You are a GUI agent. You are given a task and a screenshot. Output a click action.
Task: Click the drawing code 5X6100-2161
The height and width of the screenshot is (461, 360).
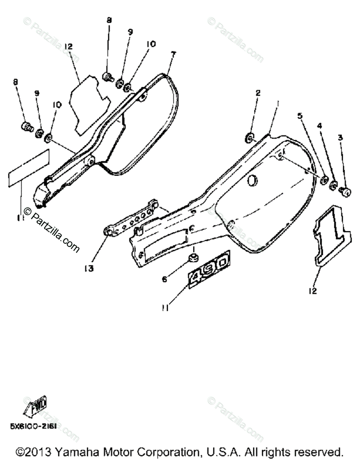[x=33, y=426]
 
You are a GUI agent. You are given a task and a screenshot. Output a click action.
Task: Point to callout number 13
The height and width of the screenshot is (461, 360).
[x=89, y=269]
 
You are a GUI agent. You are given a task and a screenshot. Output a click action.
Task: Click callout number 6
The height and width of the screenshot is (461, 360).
[x=165, y=280]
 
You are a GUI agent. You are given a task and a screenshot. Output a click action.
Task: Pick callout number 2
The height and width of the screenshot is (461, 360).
[x=258, y=93]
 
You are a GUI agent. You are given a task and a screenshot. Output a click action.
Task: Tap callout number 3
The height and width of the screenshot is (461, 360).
[x=340, y=137]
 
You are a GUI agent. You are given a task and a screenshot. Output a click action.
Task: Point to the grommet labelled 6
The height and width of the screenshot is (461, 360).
[x=193, y=257]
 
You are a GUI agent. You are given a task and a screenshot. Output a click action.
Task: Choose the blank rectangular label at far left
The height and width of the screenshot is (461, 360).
[x=29, y=168]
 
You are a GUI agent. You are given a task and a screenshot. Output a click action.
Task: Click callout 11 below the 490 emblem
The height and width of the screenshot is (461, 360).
[x=165, y=308]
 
